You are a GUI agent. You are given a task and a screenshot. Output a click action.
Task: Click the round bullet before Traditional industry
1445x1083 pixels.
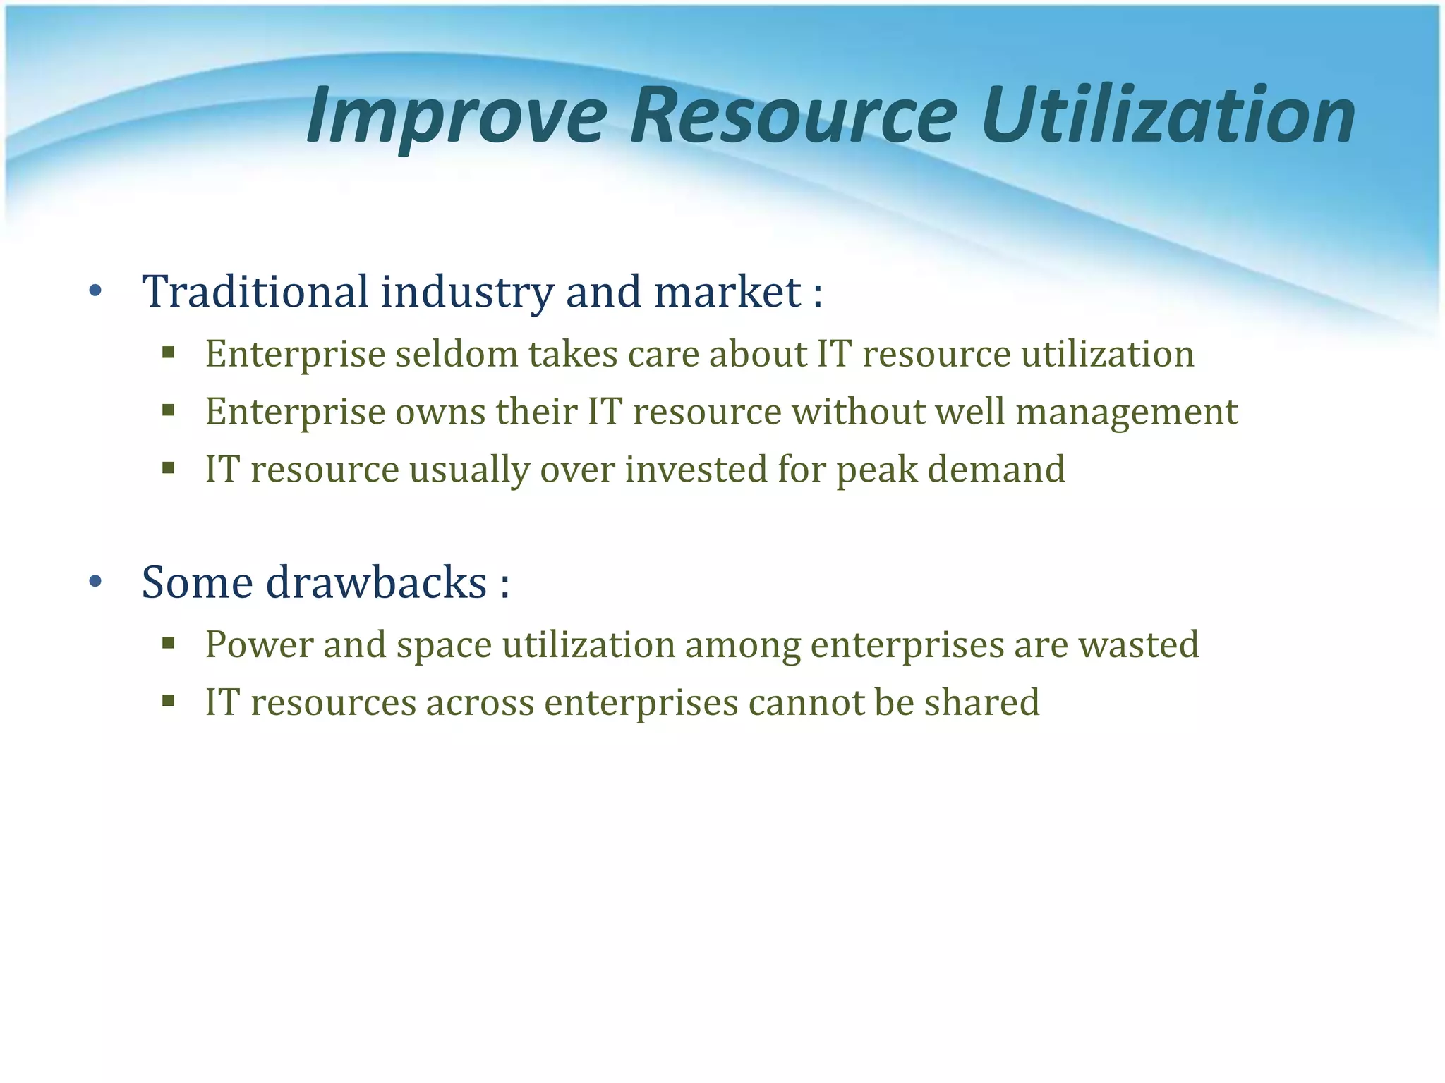pos(96,291)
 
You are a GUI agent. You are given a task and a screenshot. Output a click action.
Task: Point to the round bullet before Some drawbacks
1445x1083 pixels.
pos(96,582)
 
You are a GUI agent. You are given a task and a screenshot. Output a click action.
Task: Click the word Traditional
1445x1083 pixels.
pos(255,291)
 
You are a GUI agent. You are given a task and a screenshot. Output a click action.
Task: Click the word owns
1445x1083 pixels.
pos(440,412)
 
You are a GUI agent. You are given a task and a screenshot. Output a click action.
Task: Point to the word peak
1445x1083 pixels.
pos(877,470)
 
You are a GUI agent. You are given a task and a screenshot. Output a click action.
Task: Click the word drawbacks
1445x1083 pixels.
pos(376,582)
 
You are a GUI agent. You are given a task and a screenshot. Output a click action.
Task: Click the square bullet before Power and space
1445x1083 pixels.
pos(168,642)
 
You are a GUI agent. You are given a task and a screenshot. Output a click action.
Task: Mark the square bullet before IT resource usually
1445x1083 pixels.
pos(168,467)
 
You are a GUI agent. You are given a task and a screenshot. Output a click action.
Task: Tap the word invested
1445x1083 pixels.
pos(696,470)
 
